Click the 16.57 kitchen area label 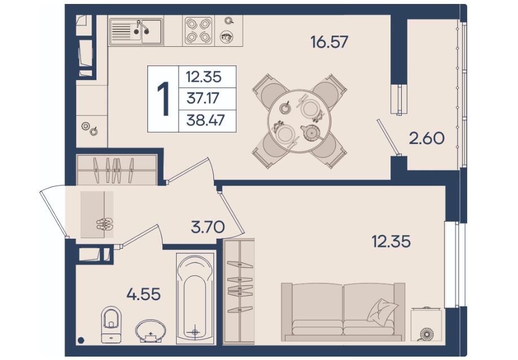click(330, 42)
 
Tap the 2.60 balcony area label click(427, 138)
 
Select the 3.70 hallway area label click(208, 227)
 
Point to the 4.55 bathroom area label click(144, 294)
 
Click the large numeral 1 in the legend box click(163, 99)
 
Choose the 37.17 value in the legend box click(203, 98)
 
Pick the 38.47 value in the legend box click(205, 120)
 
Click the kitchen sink click(136, 31)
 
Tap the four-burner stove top click(198, 30)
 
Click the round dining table click(299, 121)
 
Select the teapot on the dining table click(311, 133)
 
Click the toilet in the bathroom click(111, 326)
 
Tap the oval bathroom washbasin click(151, 331)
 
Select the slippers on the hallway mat click(105, 224)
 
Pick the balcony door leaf click(388, 137)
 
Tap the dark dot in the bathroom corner click(81, 340)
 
